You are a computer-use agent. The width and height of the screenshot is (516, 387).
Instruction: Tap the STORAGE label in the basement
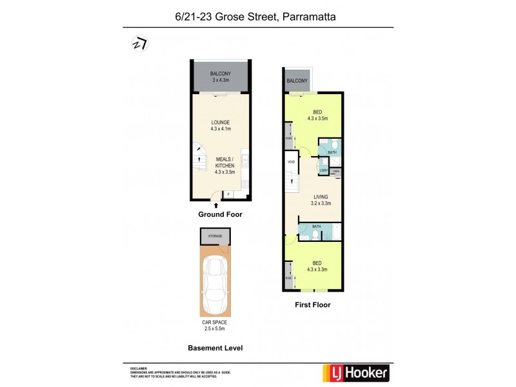click(x=215, y=236)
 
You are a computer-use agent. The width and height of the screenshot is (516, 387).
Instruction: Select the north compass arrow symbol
click(x=138, y=43)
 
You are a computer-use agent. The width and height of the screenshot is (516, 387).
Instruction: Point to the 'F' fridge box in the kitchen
click(x=229, y=193)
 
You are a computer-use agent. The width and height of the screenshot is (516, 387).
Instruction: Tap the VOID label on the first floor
click(x=291, y=161)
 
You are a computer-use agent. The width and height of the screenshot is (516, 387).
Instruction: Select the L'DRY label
click(x=322, y=170)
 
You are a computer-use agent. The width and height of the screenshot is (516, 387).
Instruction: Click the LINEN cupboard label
click(x=336, y=172)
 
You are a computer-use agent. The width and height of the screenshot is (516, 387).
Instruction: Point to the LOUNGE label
click(x=221, y=122)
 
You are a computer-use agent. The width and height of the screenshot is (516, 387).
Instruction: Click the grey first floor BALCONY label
click(x=297, y=81)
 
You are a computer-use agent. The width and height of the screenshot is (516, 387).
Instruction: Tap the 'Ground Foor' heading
click(x=220, y=214)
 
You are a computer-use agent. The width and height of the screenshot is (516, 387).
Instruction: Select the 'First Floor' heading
click(x=312, y=305)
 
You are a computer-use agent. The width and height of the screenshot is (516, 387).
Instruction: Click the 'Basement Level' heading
click(x=215, y=348)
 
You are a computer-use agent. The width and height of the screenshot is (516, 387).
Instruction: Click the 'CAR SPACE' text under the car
click(x=215, y=322)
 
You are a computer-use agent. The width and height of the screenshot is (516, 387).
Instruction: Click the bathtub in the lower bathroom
click(x=334, y=232)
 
